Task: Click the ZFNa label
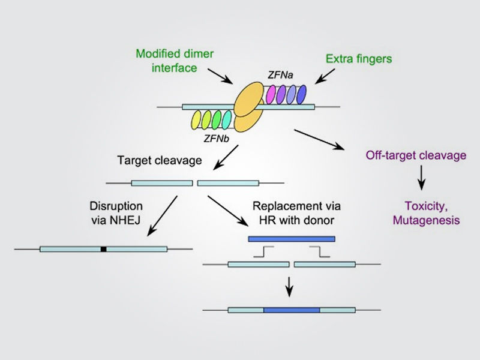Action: (x=280, y=74)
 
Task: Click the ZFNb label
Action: (x=217, y=139)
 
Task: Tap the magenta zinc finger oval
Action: (x=271, y=95)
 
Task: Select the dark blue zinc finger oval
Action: (x=302, y=95)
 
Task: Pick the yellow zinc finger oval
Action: (x=196, y=119)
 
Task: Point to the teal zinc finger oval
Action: (x=227, y=119)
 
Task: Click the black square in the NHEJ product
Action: (x=103, y=249)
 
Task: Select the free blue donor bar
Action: (x=292, y=239)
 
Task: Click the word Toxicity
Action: (x=426, y=206)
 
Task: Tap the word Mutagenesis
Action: (x=427, y=220)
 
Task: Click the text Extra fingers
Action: (x=359, y=59)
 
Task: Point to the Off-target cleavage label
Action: (x=416, y=155)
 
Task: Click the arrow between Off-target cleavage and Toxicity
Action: (x=422, y=178)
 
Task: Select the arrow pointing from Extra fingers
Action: (x=325, y=76)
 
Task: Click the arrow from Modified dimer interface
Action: (x=220, y=76)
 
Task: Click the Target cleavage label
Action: (x=160, y=160)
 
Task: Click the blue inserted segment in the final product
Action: (x=292, y=310)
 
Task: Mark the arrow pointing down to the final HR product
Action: (x=289, y=287)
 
